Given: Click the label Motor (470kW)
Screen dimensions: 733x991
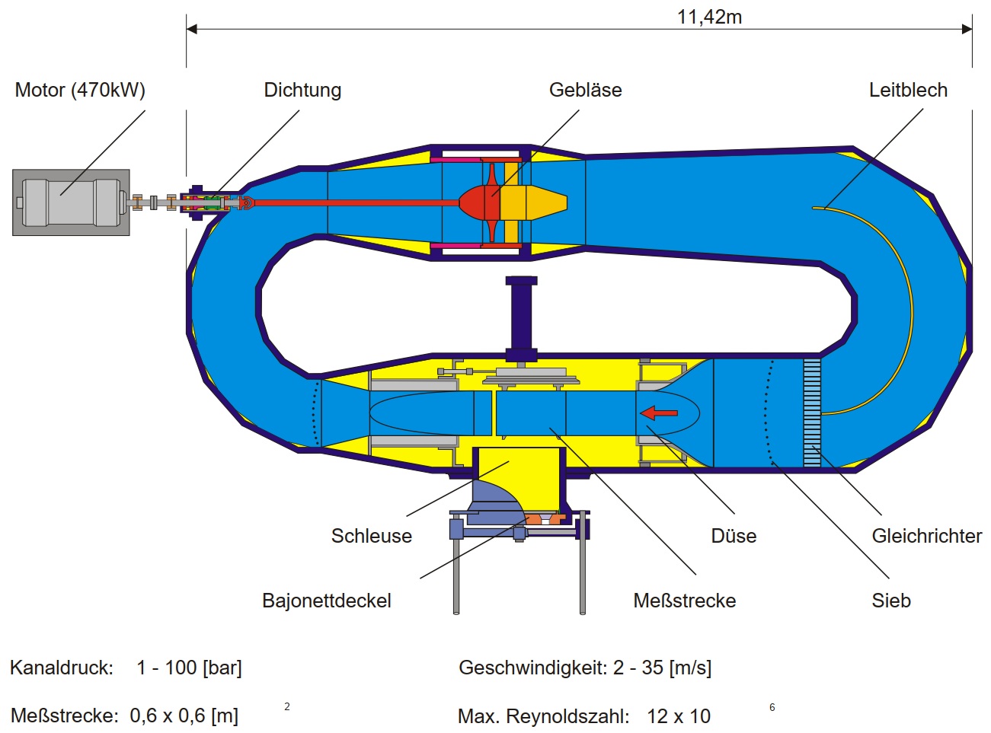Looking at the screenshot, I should click(x=80, y=90).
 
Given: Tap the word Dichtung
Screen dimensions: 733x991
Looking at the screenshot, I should click(x=302, y=90).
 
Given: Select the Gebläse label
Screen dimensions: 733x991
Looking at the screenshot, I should click(x=585, y=90).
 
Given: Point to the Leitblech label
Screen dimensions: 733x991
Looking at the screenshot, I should click(x=908, y=90).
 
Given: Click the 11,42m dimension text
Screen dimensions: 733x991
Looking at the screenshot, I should click(x=709, y=17).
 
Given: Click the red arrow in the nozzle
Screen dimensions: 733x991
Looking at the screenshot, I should click(x=659, y=413).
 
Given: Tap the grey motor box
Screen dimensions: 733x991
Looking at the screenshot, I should click(x=71, y=202).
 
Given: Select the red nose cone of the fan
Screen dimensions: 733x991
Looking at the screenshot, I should click(x=473, y=202).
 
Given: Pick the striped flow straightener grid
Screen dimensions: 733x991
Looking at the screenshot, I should click(x=812, y=412).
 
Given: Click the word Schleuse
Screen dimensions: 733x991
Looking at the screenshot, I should click(x=371, y=536).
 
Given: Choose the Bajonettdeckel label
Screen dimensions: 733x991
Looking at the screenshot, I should click(x=326, y=601).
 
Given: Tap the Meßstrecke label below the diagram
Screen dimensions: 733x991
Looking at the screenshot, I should click(x=684, y=601).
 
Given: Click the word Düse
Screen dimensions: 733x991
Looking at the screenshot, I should click(x=734, y=536).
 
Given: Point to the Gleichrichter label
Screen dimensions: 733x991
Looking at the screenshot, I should click(x=926, y=536).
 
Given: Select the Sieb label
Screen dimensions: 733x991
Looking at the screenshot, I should click(x=891, y=601).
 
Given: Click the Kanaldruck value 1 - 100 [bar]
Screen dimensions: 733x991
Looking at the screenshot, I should click(x=189, y=668).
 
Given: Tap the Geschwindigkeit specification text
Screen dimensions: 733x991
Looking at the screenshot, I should click(x=585, y=668).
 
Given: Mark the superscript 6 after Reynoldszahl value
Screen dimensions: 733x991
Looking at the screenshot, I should click(x=772, y=707).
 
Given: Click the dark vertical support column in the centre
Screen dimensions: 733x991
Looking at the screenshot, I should click(x=522, y=316).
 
